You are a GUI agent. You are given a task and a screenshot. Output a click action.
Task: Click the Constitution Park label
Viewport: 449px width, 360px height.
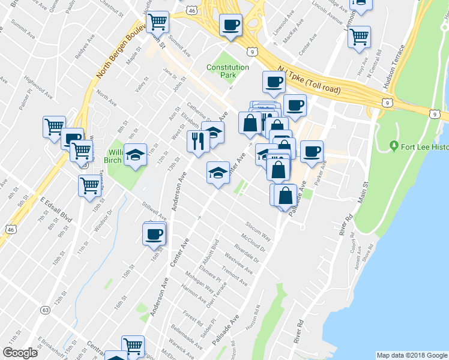228,71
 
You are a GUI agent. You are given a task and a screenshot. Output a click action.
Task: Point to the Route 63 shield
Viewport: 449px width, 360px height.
46,310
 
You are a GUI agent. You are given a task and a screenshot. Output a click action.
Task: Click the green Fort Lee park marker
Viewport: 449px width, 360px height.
394,145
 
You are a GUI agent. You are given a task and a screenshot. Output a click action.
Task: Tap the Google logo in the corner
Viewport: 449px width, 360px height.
20,353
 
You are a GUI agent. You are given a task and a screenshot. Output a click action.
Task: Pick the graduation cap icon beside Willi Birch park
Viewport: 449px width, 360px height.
136,155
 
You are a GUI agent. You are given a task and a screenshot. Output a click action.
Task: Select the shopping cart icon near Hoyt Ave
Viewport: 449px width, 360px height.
360,36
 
